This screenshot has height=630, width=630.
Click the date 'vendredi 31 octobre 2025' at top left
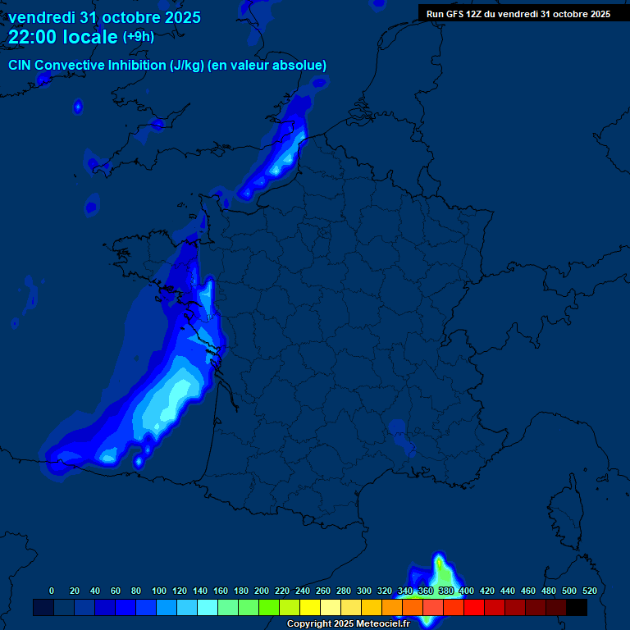click(104, 17)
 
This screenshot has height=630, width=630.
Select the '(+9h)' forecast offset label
click(138, 37)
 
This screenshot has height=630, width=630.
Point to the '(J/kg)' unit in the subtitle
click(188, 66)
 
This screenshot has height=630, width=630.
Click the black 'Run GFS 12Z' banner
click(518, 14)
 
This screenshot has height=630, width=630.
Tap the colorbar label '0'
click(52, 591)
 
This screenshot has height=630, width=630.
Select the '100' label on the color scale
click(159, 591)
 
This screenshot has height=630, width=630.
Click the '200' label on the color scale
click(262, 591)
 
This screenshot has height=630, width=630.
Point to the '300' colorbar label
click(364, 591)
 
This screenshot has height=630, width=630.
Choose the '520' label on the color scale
click(589, 591)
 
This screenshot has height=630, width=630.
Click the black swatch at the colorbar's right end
click(577, 607)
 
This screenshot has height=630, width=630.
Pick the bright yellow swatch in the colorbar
click(310, 607)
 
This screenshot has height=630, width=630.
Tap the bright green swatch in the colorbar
click(269, 607)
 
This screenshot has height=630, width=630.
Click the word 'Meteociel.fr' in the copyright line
click(383, 624)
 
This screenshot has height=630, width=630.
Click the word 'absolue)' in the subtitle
click(299, 66)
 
